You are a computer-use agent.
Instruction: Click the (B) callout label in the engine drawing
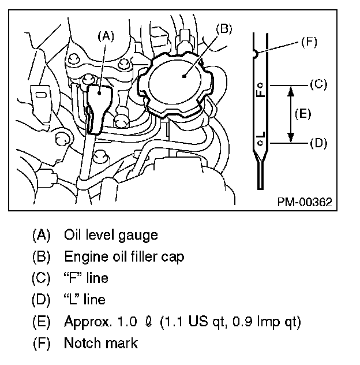tap(223, 28)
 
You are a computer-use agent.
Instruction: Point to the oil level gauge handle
tap(98, 101)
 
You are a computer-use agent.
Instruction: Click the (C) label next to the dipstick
tap(318, 84)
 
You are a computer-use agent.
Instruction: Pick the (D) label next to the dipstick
tap(318, 142)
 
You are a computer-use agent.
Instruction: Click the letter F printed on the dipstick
tap(262, 91)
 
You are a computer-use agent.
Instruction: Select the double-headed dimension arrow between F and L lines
tap(291, 113)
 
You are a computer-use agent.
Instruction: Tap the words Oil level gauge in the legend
tap(111, 235)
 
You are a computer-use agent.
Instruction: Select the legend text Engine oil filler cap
tap(124, 256)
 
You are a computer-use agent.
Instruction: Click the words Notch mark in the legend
tap(101, 343)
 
